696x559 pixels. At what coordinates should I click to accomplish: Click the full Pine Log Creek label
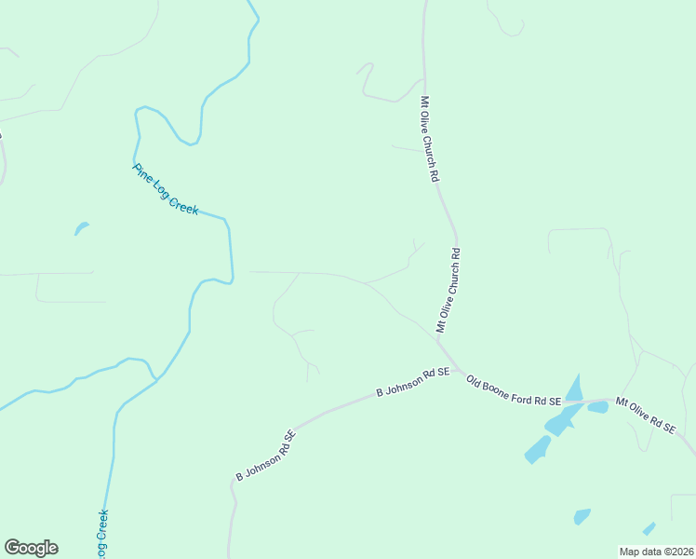click(x=166, y=189)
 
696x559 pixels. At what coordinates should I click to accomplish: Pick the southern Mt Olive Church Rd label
click(x=448, y=290)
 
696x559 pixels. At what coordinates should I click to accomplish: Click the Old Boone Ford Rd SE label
click(x=514, y=391)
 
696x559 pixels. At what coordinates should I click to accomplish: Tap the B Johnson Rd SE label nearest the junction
click(x=412, y=382)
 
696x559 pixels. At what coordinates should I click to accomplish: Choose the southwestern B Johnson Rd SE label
click(x=265, y=456)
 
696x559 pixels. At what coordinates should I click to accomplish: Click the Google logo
click(x=31, y=548)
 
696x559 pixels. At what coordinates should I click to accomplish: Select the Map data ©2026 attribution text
click(x=655, y=551)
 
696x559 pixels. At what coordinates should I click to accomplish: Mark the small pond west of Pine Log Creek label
click(x=81, y=227)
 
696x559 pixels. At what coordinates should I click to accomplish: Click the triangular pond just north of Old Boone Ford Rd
click(x=575, y=388)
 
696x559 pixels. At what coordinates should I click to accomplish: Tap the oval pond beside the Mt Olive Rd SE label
click(x=598, y=407)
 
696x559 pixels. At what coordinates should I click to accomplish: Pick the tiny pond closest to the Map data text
click(x=649, y=528)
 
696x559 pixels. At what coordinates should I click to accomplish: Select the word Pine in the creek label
click(x=143, y=172)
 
